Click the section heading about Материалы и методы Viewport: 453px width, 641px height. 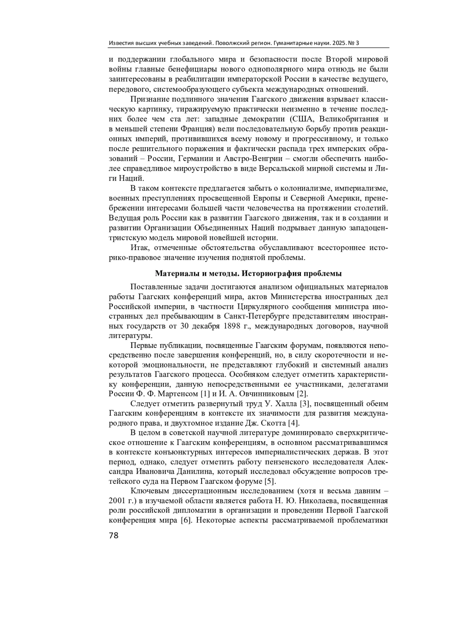(248, 273)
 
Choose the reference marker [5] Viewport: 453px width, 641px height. (270, 481)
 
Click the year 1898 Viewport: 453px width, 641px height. (232, 326)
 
